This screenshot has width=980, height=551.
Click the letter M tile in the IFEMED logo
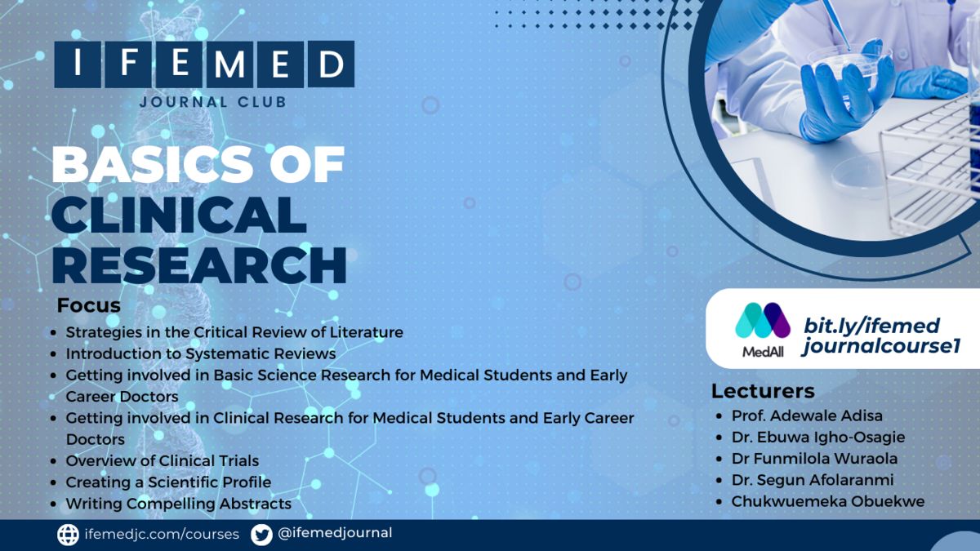(x=229, y=64)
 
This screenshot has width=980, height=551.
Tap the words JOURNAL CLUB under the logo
(x=213, y=102)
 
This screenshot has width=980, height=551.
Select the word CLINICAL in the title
(x=179, y=215)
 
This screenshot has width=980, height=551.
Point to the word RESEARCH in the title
(x=199, y=265)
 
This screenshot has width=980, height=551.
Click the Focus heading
(x=88, y=305)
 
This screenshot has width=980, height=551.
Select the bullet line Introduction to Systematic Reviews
(x=201, y=353)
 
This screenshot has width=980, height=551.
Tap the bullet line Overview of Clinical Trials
(x=163, y=460)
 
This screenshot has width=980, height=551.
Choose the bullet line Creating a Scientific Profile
(x=168, y=482)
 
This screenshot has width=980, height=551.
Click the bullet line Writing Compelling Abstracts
(x=179, y=504)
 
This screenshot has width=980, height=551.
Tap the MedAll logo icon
(x=763, y=321)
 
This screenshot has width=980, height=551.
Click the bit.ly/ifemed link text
(x=871, y=327)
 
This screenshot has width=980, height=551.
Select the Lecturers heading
(x=763, y=391)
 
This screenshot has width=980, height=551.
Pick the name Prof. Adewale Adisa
(x=807, y=415)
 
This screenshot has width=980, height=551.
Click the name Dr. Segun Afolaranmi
(x=813, y=480)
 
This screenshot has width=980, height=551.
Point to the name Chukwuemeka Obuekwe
(x=828, y=501)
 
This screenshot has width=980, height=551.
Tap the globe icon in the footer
(x=69, y=535)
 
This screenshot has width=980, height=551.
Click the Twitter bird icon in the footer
(x=261, y=535)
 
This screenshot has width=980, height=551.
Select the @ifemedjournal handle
(x=335, y=533)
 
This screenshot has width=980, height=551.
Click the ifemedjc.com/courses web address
(x=162, y=534)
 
